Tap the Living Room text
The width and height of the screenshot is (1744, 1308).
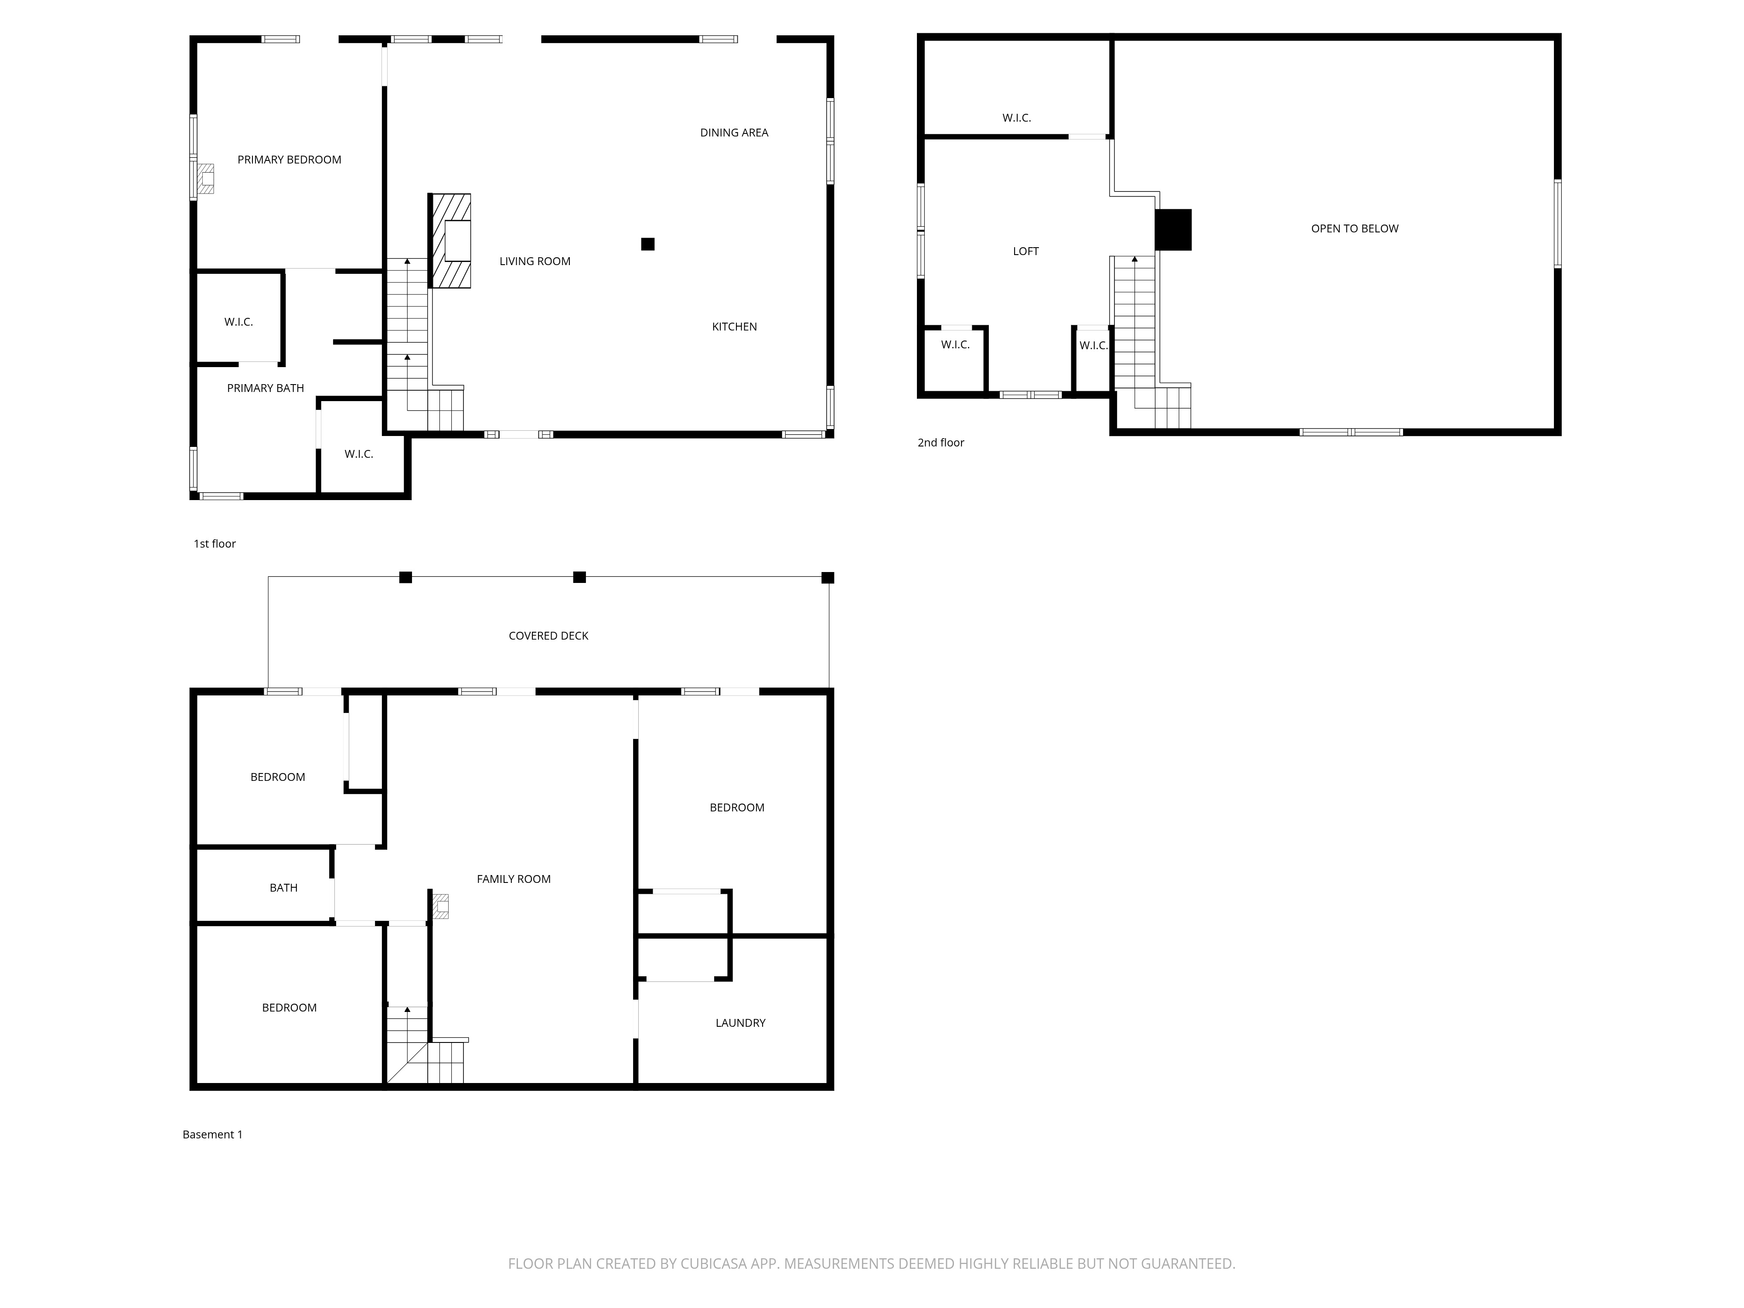pos(535,262)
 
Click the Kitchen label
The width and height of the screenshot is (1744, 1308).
pos(734,327)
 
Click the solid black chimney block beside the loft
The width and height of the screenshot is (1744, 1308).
pos(1173,229)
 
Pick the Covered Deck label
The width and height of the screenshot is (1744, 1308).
pos(548,636)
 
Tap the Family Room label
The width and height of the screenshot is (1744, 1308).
pos(513,879)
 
